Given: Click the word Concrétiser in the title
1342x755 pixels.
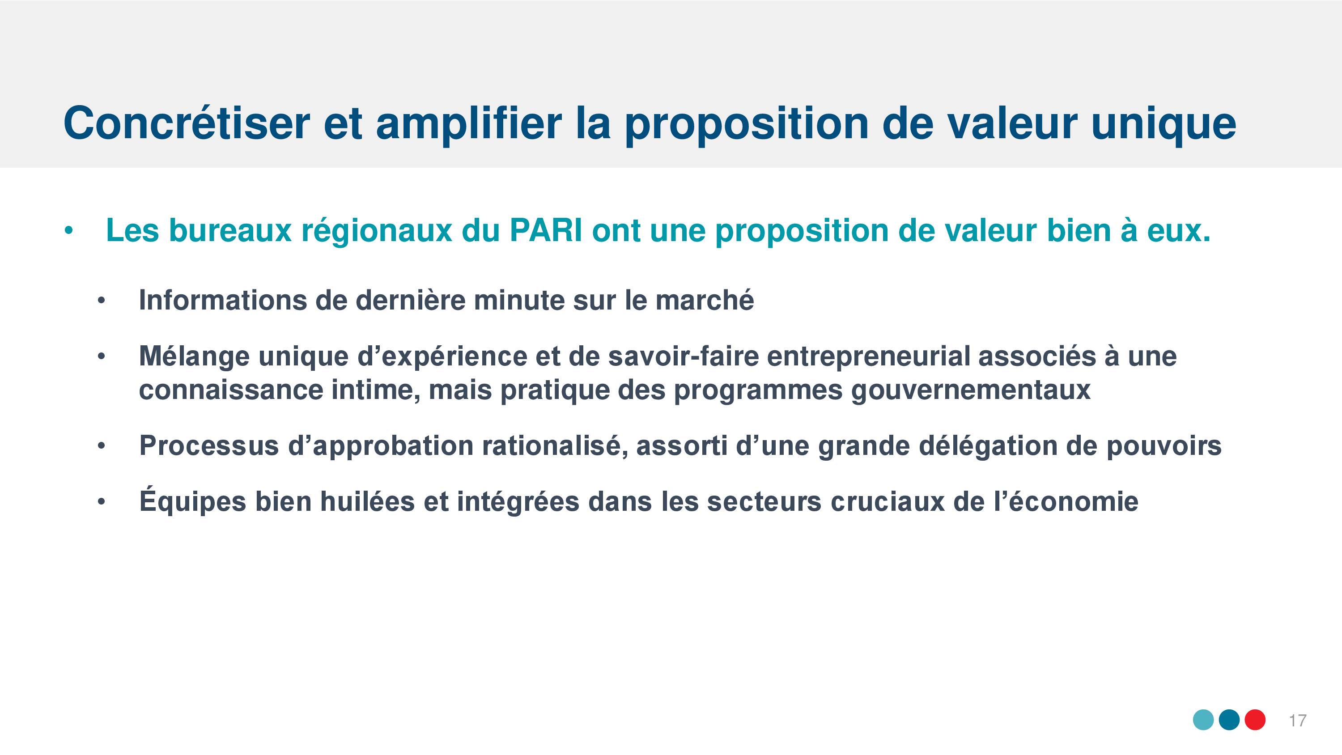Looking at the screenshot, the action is tap(187, 123).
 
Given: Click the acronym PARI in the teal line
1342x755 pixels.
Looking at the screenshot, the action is tap(545, 230).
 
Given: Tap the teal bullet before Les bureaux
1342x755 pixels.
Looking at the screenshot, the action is tap(67, 231).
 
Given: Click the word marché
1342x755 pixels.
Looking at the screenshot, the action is tap(705, 300).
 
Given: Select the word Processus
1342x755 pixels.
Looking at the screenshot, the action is tap(209, 445).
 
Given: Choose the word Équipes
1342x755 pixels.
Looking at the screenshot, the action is tap(192, 501).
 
